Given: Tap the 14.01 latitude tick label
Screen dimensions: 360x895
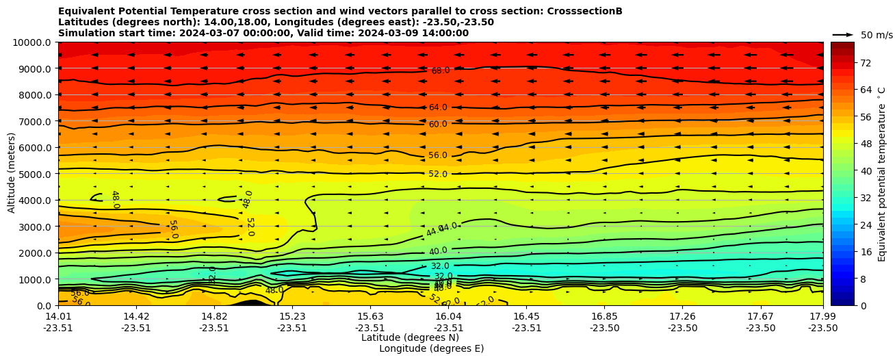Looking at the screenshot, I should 58,316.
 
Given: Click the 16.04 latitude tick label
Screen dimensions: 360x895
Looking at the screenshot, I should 448,316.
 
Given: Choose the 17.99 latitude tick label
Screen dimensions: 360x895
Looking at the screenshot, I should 822,316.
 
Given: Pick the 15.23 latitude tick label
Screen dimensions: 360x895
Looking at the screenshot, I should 292,316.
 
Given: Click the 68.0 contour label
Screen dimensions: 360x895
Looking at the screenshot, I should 441,70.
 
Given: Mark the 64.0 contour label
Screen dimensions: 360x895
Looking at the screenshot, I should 438,107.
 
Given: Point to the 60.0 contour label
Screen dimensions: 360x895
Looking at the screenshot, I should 438,124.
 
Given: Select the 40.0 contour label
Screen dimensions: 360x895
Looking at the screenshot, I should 439,251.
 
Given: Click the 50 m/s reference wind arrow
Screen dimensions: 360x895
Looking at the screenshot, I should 843,34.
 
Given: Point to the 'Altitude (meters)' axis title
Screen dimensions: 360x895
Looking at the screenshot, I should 12,172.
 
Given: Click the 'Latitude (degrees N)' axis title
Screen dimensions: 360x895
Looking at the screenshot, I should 410,337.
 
